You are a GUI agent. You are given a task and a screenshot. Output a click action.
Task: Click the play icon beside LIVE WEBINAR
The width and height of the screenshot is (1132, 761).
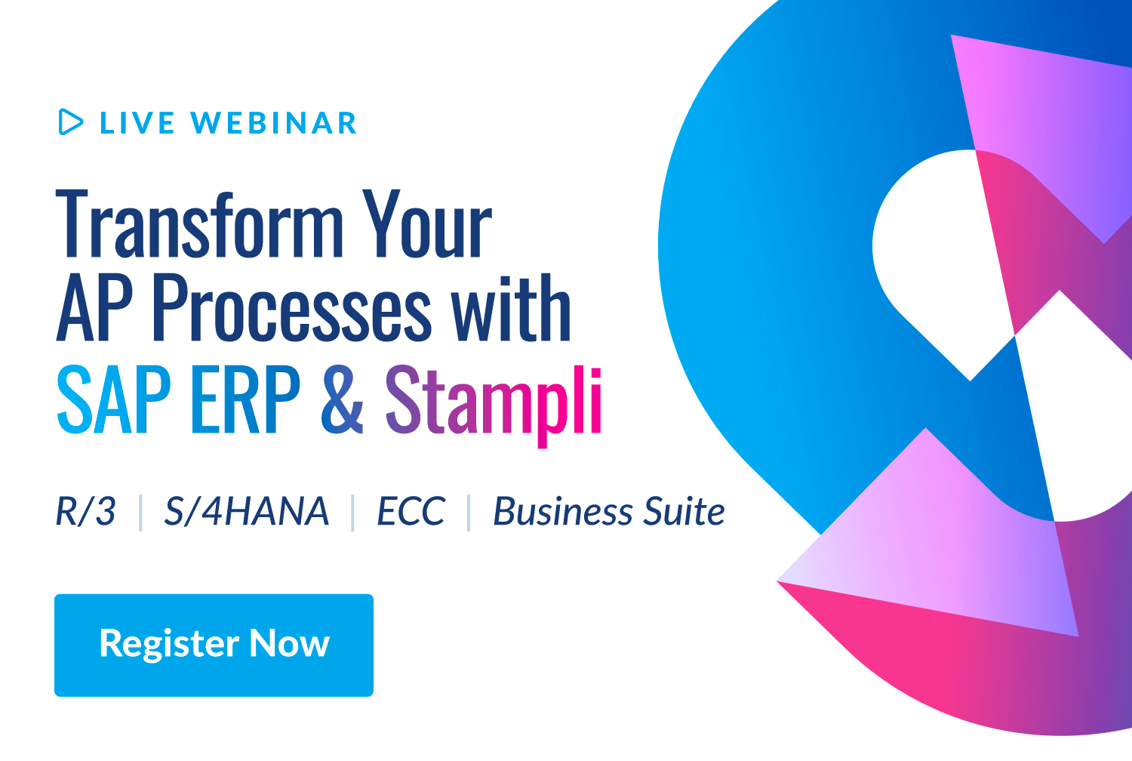point(70,122)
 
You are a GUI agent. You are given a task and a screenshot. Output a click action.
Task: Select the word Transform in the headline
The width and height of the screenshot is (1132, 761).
point(200,224)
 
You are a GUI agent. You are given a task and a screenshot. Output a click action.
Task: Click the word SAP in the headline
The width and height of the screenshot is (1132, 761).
point(114,399)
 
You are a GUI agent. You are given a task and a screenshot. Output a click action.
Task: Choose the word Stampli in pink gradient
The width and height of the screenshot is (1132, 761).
point(494,401)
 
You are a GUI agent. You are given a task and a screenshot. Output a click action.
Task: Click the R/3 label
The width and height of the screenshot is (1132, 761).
point(85,512)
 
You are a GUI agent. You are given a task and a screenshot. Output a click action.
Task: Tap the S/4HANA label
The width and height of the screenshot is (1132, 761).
point(247,512)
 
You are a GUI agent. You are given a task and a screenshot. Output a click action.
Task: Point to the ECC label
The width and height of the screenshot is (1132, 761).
point(411,512)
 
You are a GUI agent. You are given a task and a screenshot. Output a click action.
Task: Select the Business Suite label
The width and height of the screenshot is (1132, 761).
point(608,512)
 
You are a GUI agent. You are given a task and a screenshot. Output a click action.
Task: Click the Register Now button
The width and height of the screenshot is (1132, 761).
point(214,645)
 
